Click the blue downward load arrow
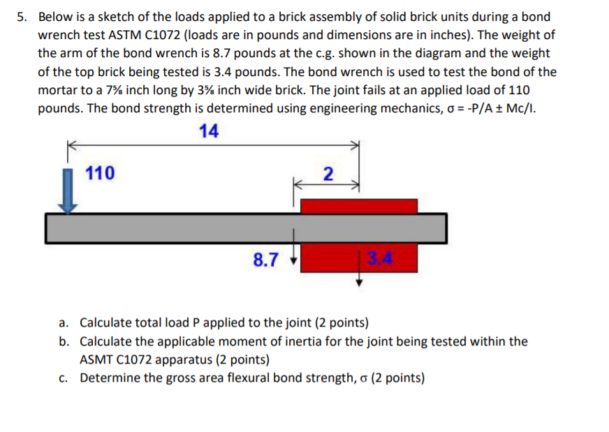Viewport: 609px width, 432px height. (x=68, y=190)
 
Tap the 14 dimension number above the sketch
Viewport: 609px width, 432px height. (x=209, y=131)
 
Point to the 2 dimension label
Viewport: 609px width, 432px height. (x=329, y=173)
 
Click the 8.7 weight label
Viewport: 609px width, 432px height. (x=266, y=261)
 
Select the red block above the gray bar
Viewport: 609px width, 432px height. (x=358, y=206)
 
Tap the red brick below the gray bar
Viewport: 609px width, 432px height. (x=335, y=257)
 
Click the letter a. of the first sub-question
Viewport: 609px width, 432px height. (x=64, y=323)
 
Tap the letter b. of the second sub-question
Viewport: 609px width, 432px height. (x=64, y=342)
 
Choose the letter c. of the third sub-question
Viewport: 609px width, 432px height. (x=64, y=378)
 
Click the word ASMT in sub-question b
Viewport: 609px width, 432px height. (x=98, y=360)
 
